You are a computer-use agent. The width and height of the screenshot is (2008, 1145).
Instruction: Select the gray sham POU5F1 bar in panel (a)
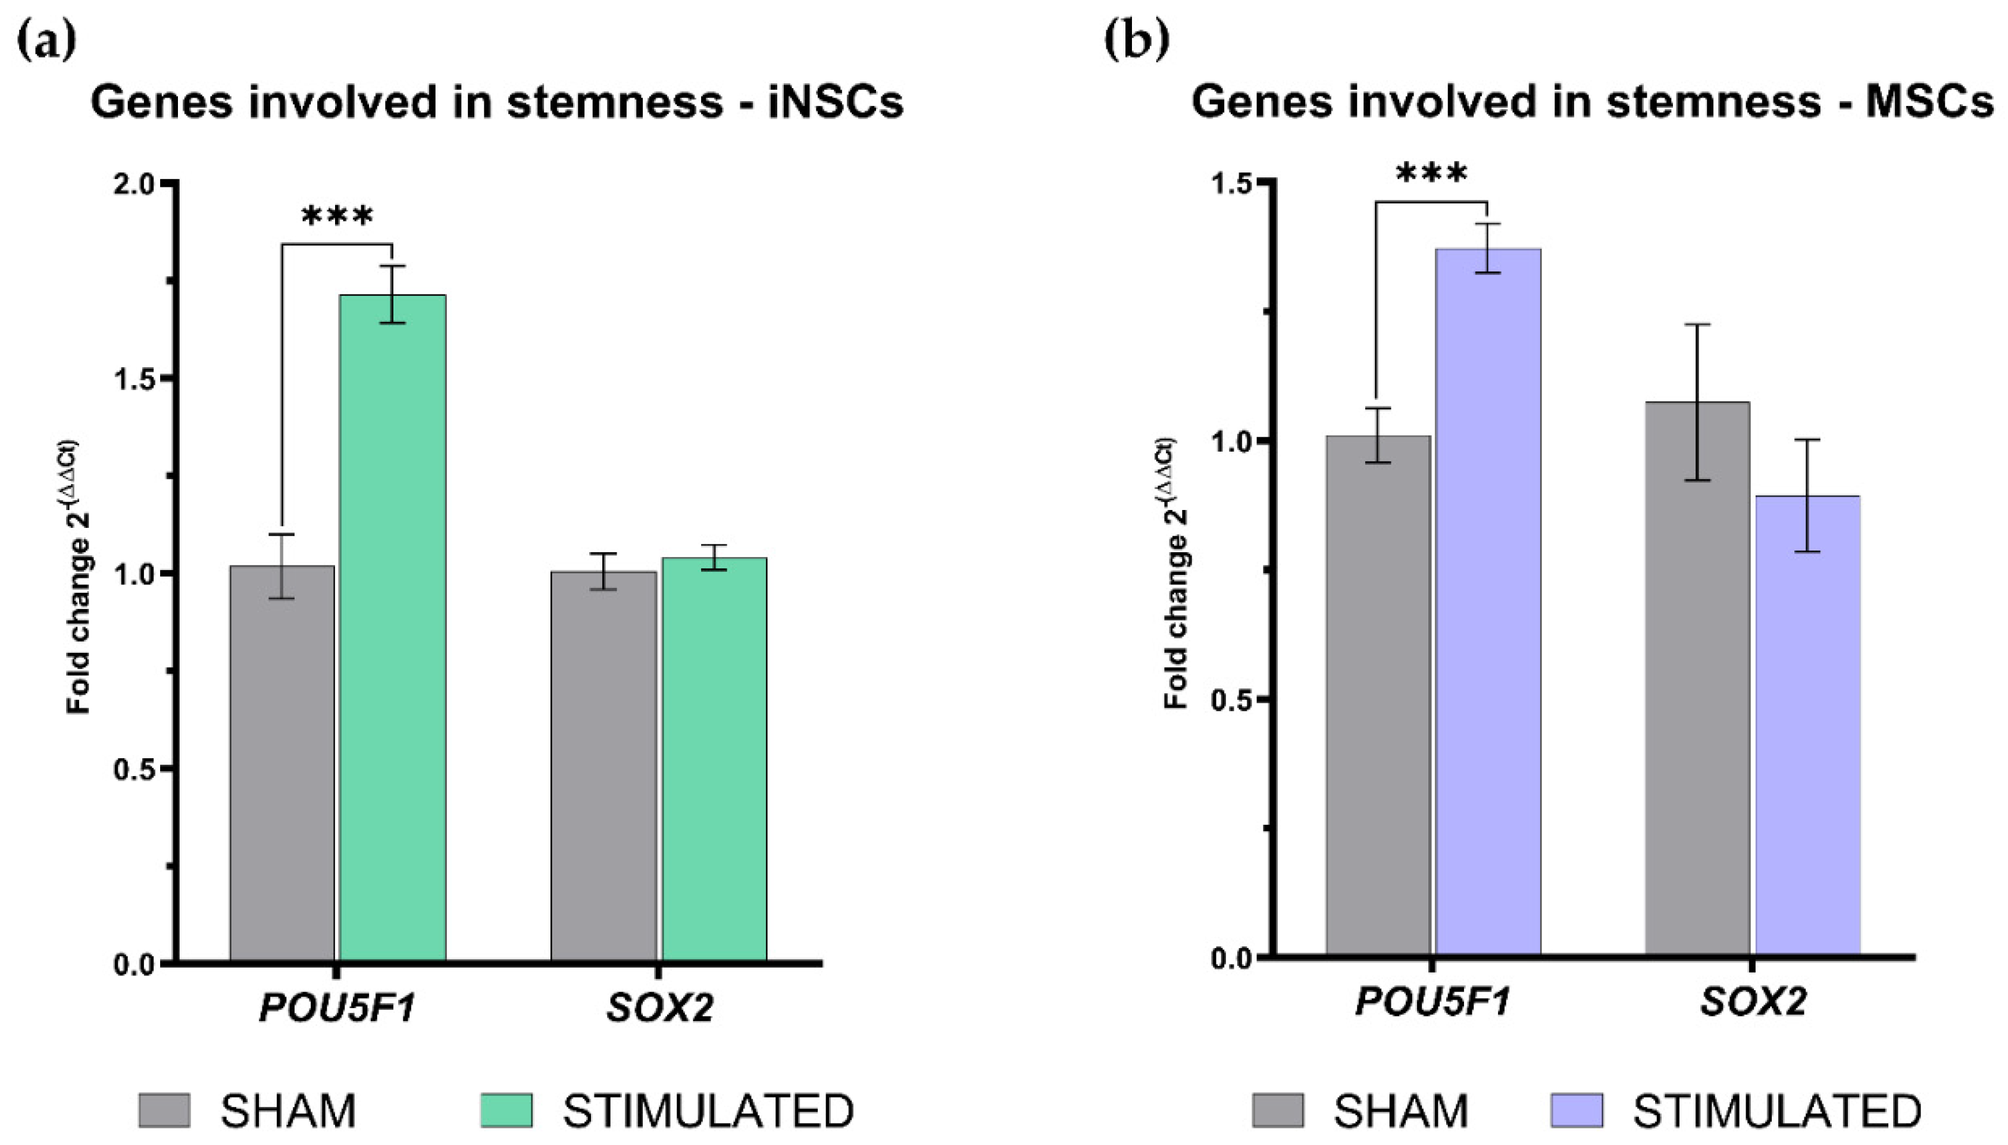(282, 763)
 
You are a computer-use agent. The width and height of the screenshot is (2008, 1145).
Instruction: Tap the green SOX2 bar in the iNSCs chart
(714, 759)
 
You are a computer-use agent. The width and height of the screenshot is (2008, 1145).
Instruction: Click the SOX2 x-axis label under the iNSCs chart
(659, 1008)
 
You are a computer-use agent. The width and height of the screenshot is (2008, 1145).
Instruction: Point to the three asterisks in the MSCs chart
(1431, 174)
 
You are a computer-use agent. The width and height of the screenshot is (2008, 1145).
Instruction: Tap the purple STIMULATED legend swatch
(1577, 1110)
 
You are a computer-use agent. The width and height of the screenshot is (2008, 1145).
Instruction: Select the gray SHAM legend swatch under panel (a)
(164, 1110)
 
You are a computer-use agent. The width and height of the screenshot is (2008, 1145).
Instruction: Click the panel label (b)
(1136, 41)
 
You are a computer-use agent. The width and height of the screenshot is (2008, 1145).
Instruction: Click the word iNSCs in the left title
(835, 103)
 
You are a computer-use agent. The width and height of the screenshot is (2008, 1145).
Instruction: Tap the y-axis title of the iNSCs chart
(79, 577)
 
